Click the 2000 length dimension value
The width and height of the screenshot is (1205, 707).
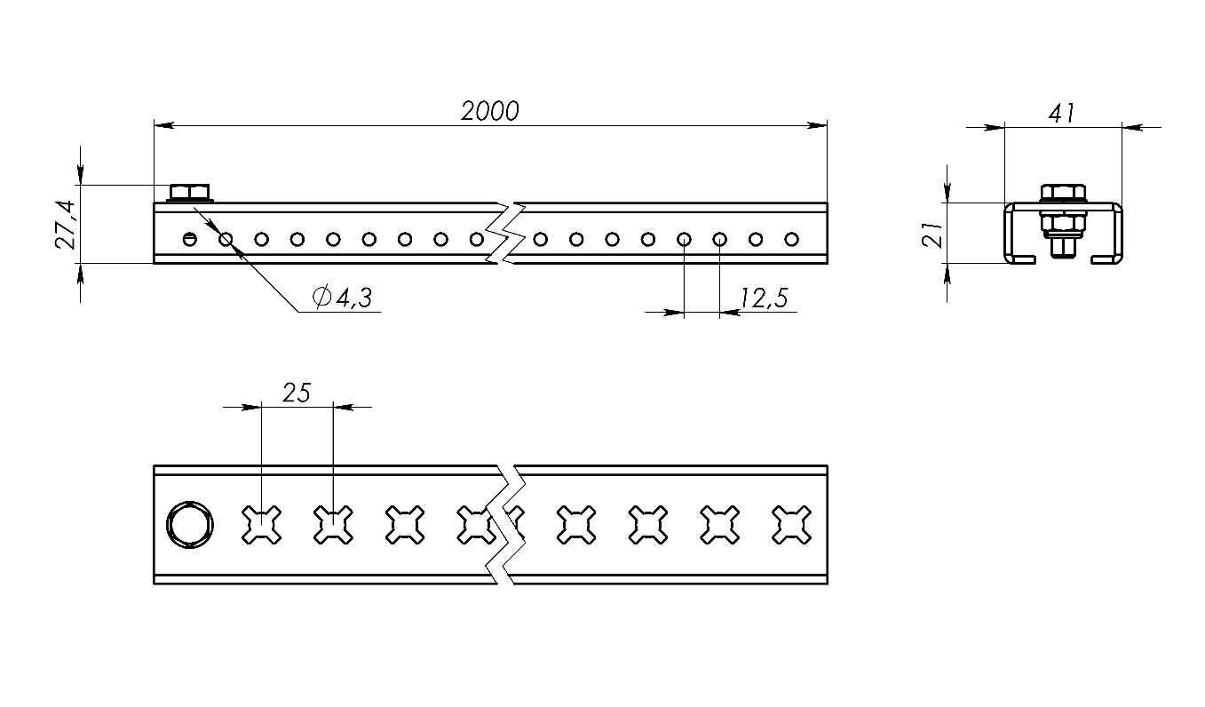[489, 111]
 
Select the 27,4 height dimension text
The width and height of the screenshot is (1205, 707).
[67, 224]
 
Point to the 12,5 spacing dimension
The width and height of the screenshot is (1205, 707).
[763, 298]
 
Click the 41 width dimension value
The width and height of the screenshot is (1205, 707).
[1062, 114]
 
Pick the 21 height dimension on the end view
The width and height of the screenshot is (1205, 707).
[932, 234]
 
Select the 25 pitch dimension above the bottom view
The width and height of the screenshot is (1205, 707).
[297, 393]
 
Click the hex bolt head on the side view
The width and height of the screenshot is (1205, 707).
[188, 192]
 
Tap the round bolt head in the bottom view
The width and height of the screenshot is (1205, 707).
[189, 524]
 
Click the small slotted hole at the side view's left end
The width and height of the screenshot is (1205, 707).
[189, 239]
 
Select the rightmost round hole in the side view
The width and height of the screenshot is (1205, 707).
[791, 239]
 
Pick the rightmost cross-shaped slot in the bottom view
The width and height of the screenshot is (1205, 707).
[791, 524]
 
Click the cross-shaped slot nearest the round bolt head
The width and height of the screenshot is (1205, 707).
[262, 524]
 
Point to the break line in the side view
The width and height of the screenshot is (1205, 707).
[506, 233]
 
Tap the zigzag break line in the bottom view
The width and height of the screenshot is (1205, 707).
[506, 524]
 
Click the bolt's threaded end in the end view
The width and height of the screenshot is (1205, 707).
[1062, 247]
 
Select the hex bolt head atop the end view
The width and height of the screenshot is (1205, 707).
[1062, 193]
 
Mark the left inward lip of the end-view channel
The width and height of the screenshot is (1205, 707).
[1024, 259]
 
